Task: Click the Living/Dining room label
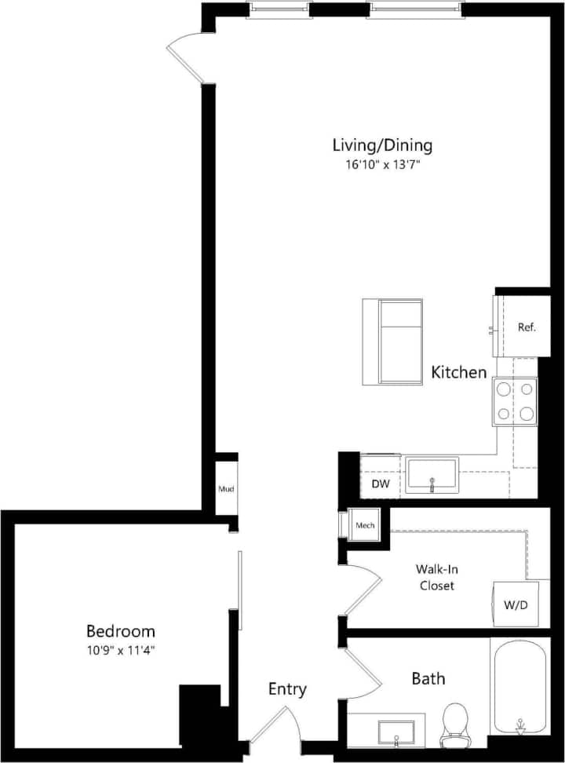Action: pyautogui.click(x=382, y=145)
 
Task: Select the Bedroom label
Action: pyautogui.click(x=120, y=631)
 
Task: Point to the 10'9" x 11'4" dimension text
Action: pyautogui.click(x=120, y=650)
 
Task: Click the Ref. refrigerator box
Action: pyautogui.click(x=526, y=327)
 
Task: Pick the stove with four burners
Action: pyautogui.click(x=515, y=401)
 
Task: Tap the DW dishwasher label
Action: pyautogui.click(x=381, y=484)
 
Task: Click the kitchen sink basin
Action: pyautogui.click(x=432, y=476)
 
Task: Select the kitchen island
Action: pyautogui.click(x=392, y=341)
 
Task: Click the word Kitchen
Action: pyautogui.click(x=459, y=373)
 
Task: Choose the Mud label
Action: pyautogui.click(x=226, y=489)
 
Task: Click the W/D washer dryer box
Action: pyautogui.click(x=516, y=604)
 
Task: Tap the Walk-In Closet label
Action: pyautogui.click(x=436, y=577)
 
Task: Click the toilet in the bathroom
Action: pyautogui.click(x=455, y=724)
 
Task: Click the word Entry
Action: pyautogui.click(x=287, y=690)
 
